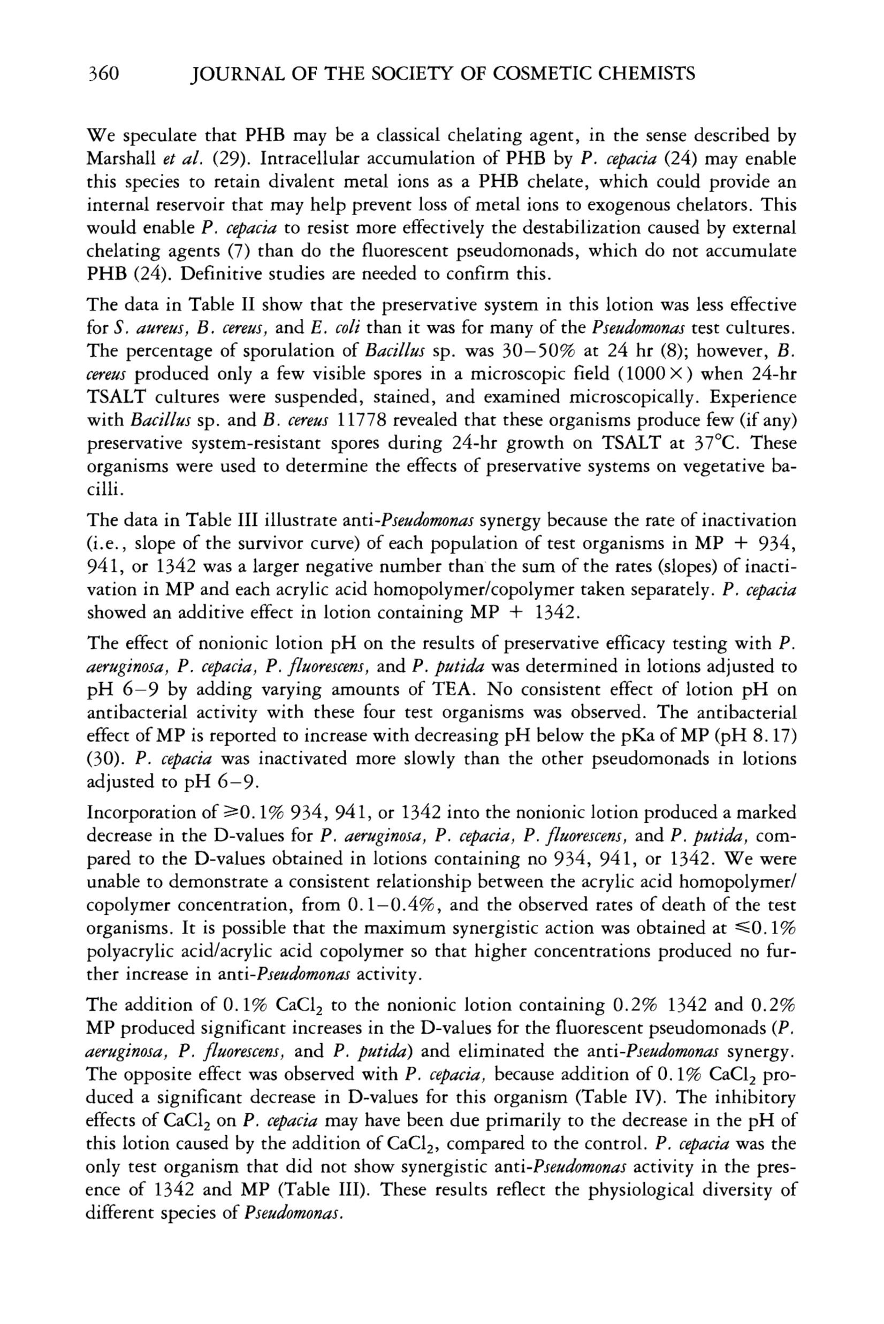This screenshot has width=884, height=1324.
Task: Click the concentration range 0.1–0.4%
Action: point(394,906)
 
